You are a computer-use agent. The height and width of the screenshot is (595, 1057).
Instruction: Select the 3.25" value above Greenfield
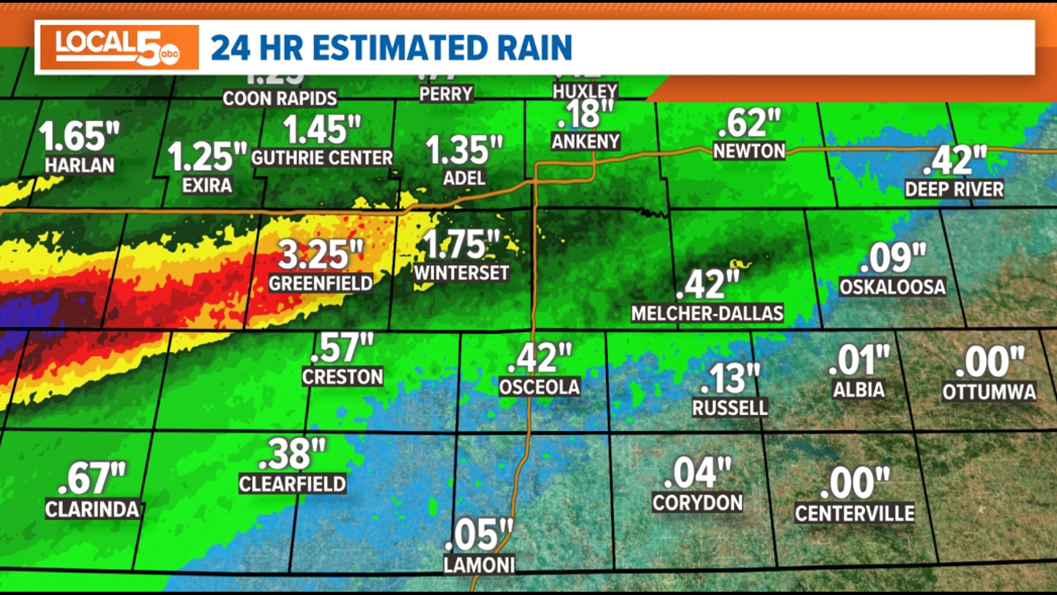click(321, 255)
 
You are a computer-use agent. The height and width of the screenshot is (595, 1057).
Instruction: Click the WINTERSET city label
click(461, 273)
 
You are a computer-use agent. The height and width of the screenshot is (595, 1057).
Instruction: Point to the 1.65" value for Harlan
click(79, 136)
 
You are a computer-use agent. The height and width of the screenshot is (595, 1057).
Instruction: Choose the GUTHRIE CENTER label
click(322, 158)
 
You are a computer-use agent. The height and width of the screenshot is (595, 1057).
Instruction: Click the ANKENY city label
click(586, 142)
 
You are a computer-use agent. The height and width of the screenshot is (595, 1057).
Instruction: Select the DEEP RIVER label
click(954, 190)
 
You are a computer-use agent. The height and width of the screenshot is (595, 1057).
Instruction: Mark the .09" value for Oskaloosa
click(892, 258)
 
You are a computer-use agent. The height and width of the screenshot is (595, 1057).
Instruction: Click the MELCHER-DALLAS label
click(707, 313)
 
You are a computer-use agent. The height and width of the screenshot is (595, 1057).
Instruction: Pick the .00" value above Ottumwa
click(989, 362)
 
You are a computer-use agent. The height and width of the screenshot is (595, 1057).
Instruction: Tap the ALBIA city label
click(858, 390)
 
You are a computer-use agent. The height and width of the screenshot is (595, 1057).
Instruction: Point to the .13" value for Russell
click(730, 378)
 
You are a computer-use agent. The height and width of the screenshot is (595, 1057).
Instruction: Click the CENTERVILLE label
click(854, 513)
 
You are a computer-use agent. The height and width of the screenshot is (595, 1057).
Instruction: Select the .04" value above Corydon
click(697, 473)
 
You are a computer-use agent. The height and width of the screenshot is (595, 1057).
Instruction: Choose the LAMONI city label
click(479, 565)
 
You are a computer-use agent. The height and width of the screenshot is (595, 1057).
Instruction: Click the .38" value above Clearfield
click(292, 454)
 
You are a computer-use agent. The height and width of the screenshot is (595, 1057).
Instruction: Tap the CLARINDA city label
click(92, 510)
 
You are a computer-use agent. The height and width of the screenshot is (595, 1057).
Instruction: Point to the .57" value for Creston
click(342, 348)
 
